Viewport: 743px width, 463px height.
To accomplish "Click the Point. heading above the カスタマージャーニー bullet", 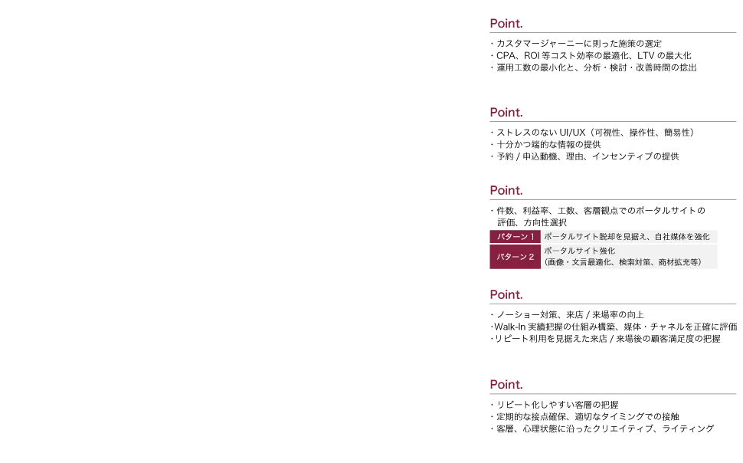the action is (506, 23).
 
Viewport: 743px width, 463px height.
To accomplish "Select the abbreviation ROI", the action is (532, 55).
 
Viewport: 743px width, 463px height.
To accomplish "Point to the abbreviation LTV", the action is (646, 55).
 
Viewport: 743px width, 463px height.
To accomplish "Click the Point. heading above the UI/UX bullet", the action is (506, 113).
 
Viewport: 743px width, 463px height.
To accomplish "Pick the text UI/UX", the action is (572, 133).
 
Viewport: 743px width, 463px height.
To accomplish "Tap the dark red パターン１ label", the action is (515, 237).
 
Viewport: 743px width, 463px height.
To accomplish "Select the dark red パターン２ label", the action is (515, 257).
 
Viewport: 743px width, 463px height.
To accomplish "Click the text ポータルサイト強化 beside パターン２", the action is (580, 251).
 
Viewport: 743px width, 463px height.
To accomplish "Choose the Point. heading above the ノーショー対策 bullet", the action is (506, 294).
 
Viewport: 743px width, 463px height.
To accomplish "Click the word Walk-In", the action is (510, 327).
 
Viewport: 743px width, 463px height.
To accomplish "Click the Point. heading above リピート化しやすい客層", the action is (506, 384).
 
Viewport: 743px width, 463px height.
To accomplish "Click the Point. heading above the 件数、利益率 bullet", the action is (506, 190).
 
